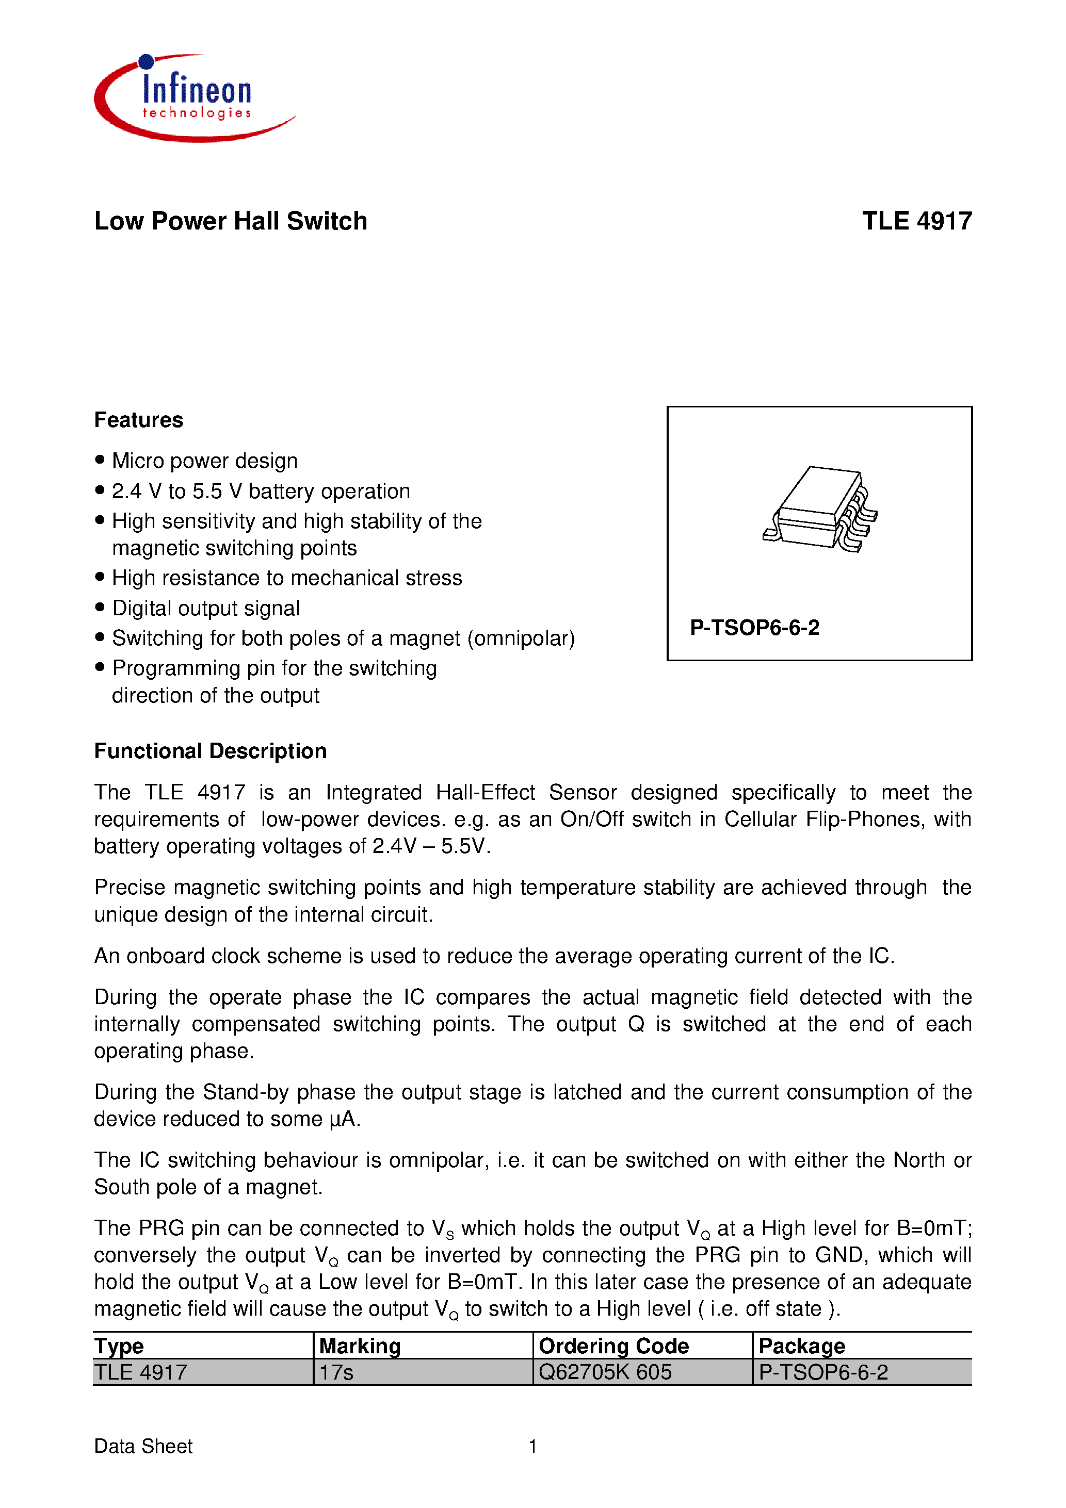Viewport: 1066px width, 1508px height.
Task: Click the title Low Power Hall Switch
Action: pos(231,221)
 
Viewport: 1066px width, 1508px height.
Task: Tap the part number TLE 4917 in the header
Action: pos(916,221)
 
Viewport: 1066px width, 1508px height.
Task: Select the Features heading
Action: pos(139,420)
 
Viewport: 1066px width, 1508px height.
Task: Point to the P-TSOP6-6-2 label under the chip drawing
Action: pos(754,628)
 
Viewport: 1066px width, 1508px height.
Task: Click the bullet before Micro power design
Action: pos(100,459)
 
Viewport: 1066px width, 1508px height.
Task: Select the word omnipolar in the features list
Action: pos(521,638)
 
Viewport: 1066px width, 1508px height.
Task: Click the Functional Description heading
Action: pos(211,751)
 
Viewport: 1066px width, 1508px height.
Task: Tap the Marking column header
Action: pos(360,1346)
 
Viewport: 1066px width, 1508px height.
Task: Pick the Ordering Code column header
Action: pos(613,1346)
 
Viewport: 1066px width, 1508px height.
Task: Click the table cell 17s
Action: pos(336,1372)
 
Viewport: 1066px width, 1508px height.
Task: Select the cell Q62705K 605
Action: pos(605,1372)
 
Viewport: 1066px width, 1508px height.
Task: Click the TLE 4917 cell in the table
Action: pos(141,1372)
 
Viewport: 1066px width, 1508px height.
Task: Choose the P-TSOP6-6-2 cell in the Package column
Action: pos(823,1372)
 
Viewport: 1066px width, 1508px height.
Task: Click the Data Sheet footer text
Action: pos(143,1446)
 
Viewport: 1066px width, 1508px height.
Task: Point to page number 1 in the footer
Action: pos(533,1446)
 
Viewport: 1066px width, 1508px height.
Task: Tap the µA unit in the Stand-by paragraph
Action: pos(344,1119)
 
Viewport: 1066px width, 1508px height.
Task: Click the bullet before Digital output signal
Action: pos(100,607)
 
